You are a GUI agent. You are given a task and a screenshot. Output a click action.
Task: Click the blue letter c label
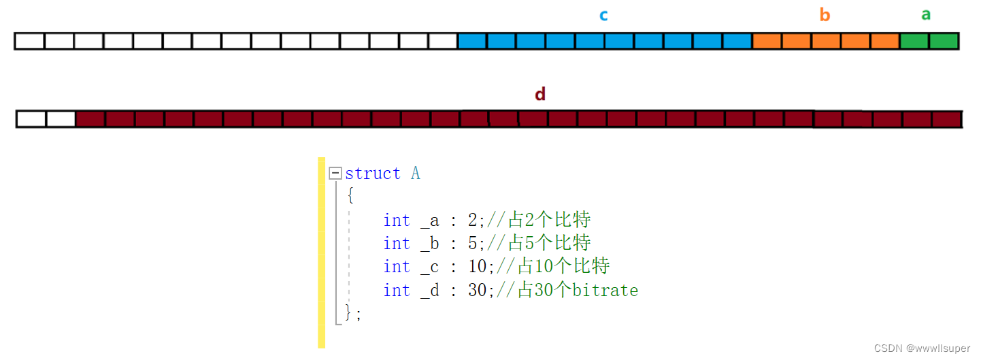point(603,15)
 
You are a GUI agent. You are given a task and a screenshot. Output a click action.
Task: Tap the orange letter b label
point(825,15)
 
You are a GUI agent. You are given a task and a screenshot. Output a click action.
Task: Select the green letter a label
point(926,14)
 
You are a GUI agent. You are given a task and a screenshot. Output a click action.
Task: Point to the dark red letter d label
point(540,94)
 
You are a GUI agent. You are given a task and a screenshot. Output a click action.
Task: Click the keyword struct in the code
point(373,174)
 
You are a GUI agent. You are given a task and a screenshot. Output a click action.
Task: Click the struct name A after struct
point(416,174)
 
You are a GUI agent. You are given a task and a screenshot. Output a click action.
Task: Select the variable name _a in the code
point(430,220)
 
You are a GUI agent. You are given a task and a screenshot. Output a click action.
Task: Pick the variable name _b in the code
point(430,244)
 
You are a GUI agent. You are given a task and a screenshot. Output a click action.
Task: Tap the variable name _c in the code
point(430,267)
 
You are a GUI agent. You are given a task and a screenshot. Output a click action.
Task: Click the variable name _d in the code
point(430,291)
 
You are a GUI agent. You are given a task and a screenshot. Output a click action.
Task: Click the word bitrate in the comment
point(605,291)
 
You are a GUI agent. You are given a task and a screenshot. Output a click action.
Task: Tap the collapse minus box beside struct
point(335,174)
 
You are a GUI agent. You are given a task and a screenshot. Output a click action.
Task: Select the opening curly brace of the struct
point(350,196)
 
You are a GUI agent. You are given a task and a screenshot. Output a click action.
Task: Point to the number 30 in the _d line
point(477,291)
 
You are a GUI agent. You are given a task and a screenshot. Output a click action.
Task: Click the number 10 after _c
point(477,267)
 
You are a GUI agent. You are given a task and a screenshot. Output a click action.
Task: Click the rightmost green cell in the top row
point(944,41)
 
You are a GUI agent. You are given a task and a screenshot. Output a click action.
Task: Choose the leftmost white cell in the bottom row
point(31,119)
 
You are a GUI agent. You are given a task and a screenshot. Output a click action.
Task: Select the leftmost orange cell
point(767,41)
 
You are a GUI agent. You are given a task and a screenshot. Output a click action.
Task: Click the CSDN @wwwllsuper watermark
point(922,348)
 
